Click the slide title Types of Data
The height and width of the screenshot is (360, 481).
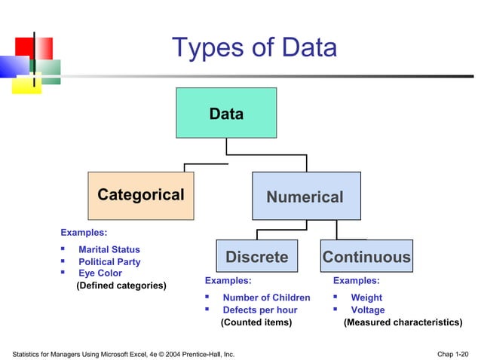[x=254, y=48]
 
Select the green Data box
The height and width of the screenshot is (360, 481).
[x=226, y=113]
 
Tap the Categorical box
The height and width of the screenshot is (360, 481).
[x=141, y=195]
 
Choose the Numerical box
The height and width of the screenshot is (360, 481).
[x=305, y=197]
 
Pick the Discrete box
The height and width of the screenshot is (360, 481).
[x=257, y=257]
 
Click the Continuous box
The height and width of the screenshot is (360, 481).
[x=366, y=257]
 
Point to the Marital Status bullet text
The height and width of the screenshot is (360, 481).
[x=109, y=249]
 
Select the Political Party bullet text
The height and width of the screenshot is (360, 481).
[x=109, y=262]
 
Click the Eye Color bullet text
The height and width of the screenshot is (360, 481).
[x=100, y=273]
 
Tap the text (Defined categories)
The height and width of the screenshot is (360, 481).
[x=122, y=285]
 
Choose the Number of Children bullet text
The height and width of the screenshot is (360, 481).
[x=266, y=297]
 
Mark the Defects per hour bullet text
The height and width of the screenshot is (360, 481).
[x=260, y=310]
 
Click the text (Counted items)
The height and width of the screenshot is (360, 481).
[x=256, y=322]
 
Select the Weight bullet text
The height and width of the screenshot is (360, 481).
[x=366, y=297]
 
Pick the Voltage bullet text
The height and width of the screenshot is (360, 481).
[x=368, y=310]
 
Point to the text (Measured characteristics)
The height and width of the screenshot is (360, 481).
[x=403, y=322]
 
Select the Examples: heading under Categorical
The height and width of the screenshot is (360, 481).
[x=83, y=233]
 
